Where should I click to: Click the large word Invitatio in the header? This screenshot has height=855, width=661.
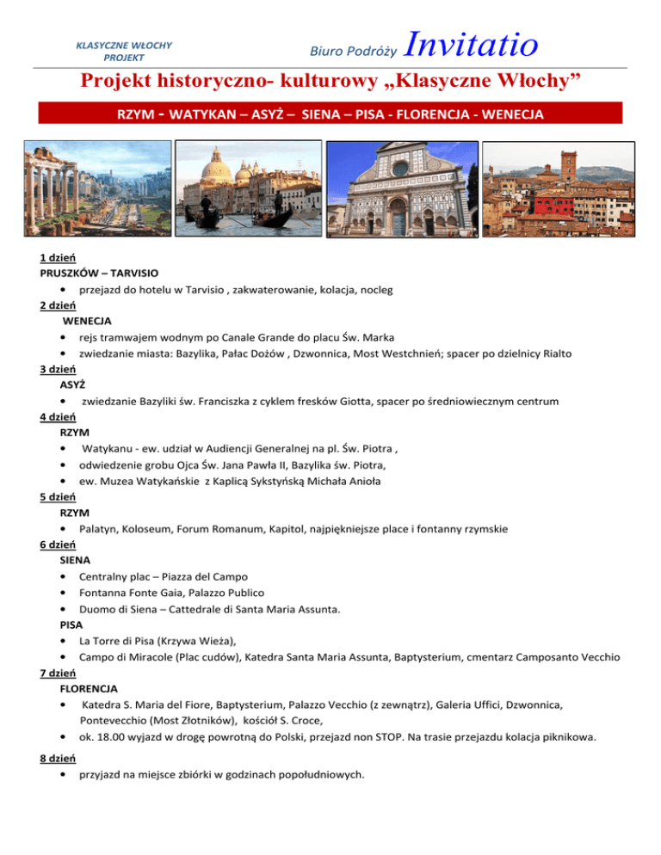pyautogui.click(x=470, y=41)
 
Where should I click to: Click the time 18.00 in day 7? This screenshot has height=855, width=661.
pyautogui.click(x=110, y=737)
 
